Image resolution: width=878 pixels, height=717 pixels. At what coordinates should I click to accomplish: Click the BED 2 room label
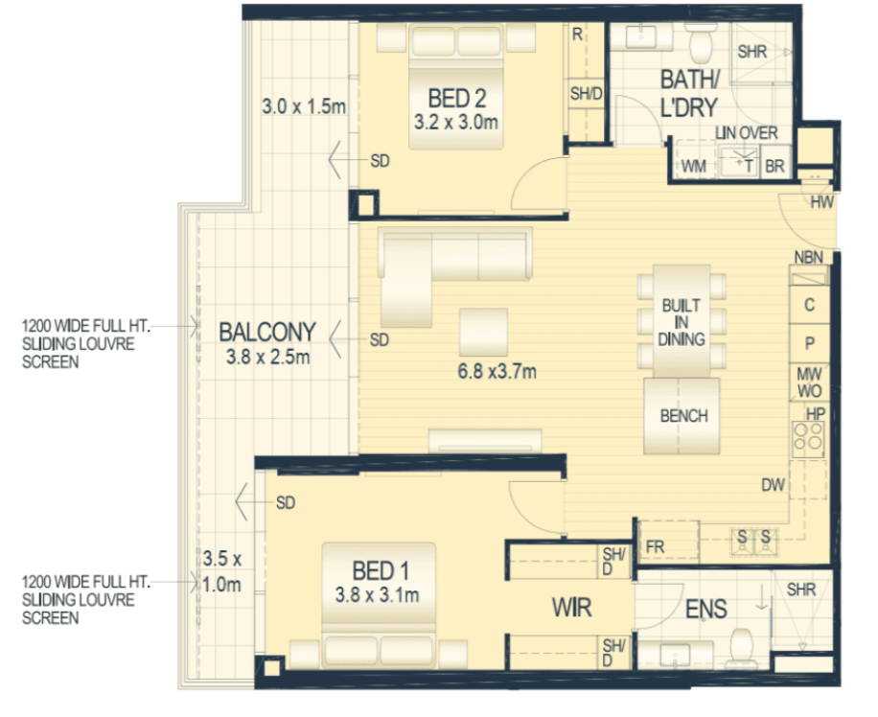457,98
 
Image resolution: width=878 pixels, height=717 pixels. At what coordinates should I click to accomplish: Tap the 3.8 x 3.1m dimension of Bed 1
378,595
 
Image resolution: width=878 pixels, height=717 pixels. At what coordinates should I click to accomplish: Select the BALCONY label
267,332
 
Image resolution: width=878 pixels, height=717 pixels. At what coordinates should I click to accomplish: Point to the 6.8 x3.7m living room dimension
497,371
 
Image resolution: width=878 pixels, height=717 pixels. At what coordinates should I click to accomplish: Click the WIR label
571,607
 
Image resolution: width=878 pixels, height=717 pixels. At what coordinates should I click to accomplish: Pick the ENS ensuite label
706,609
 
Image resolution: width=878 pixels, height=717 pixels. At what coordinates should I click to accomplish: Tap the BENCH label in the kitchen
683,416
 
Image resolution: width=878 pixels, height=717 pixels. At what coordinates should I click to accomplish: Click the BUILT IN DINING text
682,322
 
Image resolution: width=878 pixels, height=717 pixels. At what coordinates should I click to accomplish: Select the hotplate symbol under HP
808,438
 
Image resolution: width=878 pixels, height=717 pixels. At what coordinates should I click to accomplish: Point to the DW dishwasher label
774,485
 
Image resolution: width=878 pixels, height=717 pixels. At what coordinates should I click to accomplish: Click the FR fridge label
655,546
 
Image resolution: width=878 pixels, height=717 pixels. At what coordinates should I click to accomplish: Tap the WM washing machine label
693,167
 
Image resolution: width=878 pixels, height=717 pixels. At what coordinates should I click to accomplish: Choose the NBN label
809,257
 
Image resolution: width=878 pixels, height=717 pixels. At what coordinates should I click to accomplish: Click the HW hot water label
822,202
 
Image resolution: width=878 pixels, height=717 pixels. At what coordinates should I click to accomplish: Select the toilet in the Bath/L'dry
701,42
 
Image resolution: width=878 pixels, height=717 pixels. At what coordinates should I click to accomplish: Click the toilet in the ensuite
741,648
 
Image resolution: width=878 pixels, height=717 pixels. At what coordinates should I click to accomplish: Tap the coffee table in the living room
483,333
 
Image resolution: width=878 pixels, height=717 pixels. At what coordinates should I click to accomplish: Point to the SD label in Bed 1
286,502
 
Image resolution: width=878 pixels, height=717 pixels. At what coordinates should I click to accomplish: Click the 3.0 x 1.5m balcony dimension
304,106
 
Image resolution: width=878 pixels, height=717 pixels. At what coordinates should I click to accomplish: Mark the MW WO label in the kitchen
809,382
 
